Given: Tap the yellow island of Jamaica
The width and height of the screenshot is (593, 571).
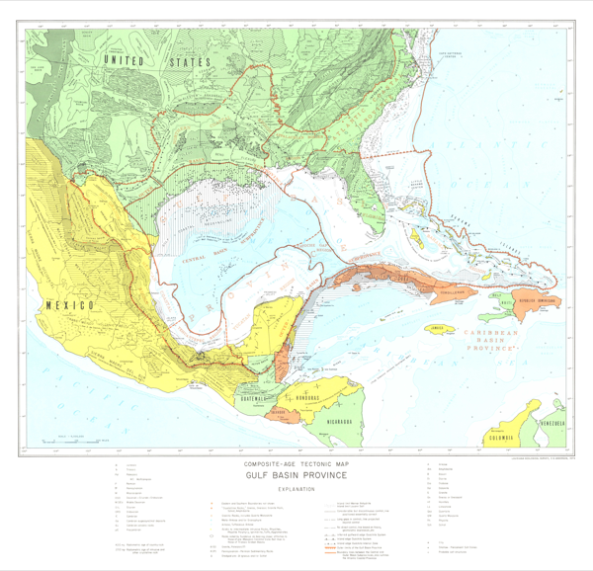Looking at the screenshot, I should tap(436, 329).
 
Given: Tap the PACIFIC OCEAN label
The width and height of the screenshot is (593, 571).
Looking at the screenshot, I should tap(89, 395).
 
